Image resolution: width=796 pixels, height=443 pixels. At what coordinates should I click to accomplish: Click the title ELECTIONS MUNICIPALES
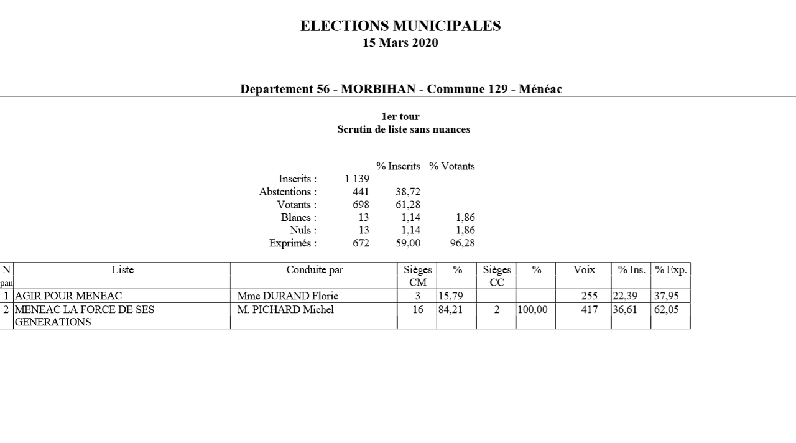point(400,26)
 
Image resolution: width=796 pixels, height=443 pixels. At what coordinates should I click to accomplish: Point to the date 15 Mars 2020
point(400,43)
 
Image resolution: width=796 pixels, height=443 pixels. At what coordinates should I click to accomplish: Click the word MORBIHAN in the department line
point(377,89)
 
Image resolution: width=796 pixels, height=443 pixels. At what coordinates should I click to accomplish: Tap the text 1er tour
point(400,116)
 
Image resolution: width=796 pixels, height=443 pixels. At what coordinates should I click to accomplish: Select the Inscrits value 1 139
point(357,179)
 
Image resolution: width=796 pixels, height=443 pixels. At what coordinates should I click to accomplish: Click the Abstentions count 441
point(361,192)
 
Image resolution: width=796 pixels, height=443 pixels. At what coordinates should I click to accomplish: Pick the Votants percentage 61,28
point(407,205)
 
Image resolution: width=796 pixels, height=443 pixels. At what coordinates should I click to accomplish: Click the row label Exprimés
point(292,243)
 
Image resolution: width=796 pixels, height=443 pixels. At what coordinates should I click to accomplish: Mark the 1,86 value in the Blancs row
point(461,218)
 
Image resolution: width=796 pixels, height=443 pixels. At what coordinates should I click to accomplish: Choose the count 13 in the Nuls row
point(363,230)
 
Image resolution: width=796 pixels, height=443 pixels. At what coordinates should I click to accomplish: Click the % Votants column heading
point(451,166)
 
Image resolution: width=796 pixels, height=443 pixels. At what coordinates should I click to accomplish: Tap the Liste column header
point(123,270)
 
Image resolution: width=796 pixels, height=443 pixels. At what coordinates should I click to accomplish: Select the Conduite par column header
point(314,270)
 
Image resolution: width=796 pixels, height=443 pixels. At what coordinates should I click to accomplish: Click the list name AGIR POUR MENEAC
point(68,296)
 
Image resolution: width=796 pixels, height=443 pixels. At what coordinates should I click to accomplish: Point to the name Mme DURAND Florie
point(287,296)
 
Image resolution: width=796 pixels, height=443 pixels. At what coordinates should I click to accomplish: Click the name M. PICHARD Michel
point(285,310)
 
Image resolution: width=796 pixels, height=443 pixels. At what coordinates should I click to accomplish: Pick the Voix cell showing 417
point(589,310)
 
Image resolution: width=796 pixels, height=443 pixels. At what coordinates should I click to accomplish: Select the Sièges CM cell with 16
point(417,310)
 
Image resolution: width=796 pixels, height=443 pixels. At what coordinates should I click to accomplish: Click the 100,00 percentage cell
point(532,310)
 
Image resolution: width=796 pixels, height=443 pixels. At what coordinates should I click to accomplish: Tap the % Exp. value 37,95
point(666,296)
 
